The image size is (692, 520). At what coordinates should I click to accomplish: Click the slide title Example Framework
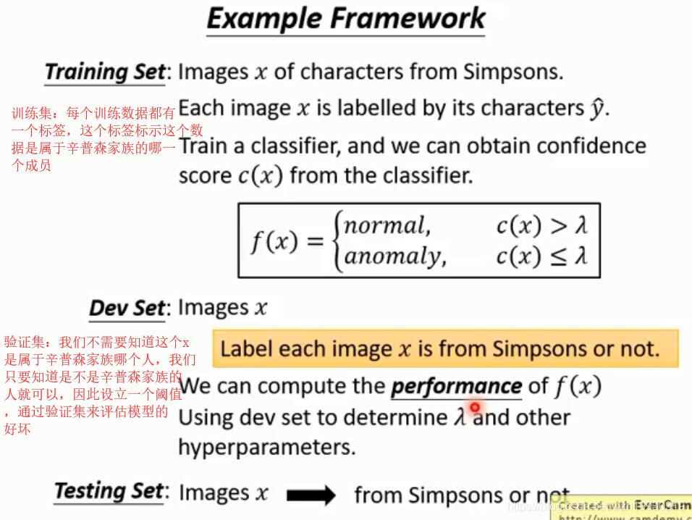click(346, 19)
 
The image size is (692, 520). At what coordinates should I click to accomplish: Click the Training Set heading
click(105, 72)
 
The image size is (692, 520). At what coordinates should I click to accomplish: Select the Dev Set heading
click(127, 309)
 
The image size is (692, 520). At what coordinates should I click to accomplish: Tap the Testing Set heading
click(109, 492)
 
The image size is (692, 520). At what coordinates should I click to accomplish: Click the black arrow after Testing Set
click(311, 495)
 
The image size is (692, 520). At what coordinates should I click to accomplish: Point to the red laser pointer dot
click(476, 408)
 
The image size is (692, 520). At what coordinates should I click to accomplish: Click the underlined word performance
click(456, 386)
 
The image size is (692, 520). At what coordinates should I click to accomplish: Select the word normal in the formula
click(387, 225)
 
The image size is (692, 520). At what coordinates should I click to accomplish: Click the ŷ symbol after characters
click(596, 109)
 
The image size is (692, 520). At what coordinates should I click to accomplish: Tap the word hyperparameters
click(267, 447)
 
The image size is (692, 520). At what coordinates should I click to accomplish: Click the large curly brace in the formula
click(336, 241)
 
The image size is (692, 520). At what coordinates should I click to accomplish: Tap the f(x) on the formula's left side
click(274, 241)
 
